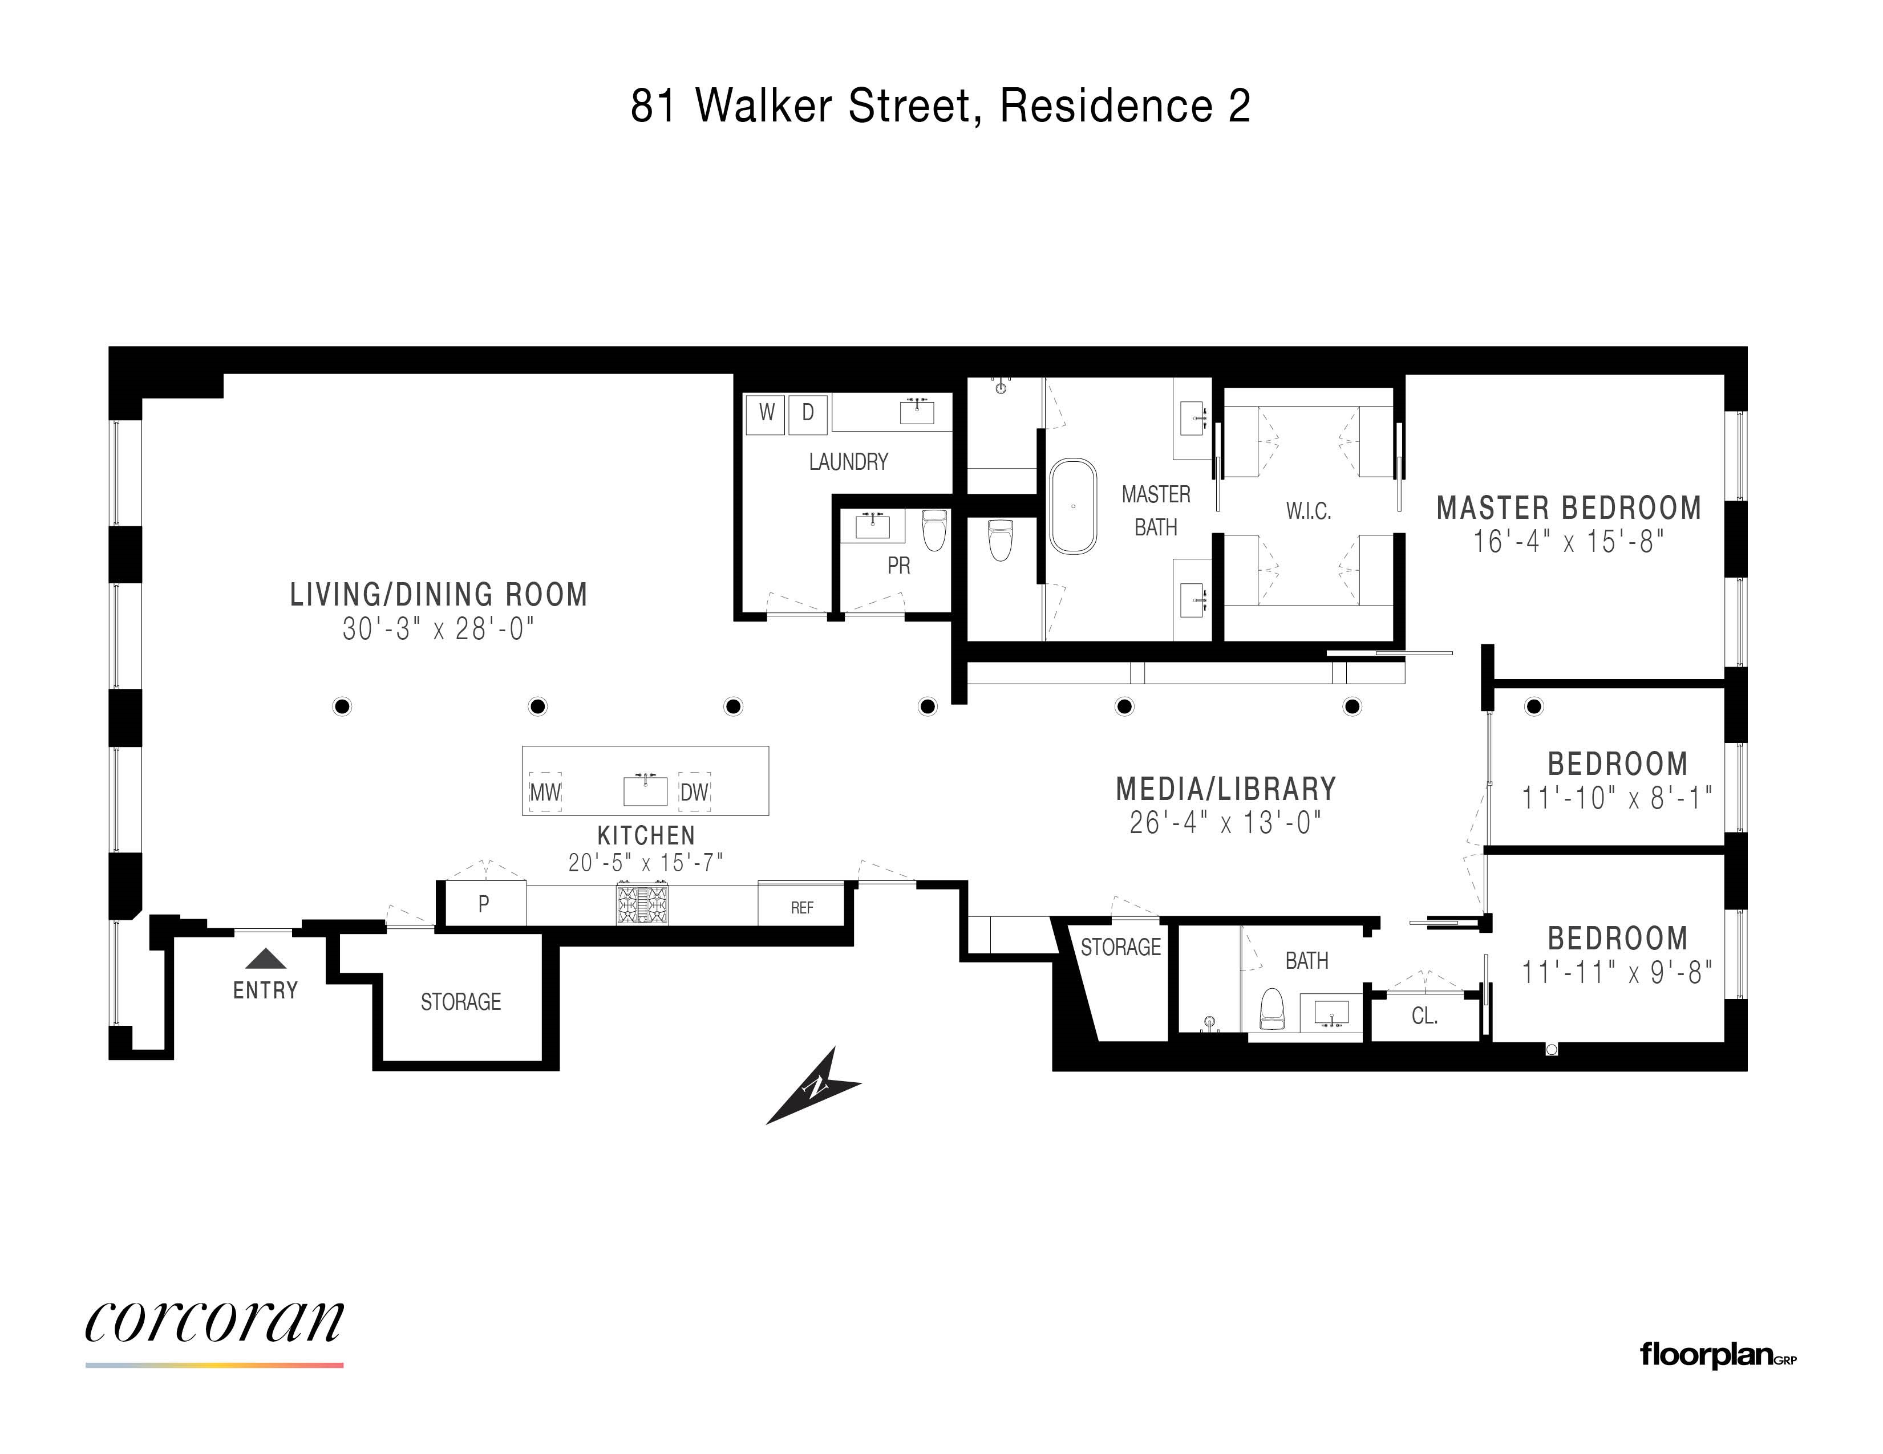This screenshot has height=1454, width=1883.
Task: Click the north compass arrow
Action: (x=812, y=1088)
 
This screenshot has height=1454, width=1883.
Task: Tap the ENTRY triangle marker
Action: (x=266, y=959)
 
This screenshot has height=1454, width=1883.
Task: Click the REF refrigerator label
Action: (x=802, y=908)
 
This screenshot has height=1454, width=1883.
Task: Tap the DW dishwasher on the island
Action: (x=694, y=792)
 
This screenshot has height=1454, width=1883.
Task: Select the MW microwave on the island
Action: (x=545, y=792)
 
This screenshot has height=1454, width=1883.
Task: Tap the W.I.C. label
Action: (x=1308, y=511)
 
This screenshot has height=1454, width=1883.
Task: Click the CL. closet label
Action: (x=1424, y=1016)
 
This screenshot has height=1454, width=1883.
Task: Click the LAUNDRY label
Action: (x=848, y=462)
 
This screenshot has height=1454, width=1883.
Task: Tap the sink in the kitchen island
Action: (x=645, y=790)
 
